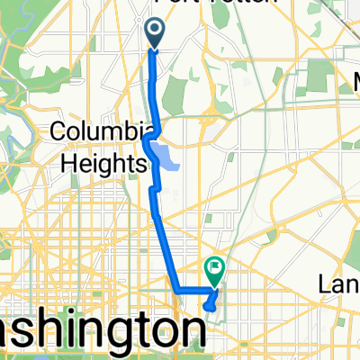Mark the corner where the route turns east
(175, 291)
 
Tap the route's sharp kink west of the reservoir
(146, 140)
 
